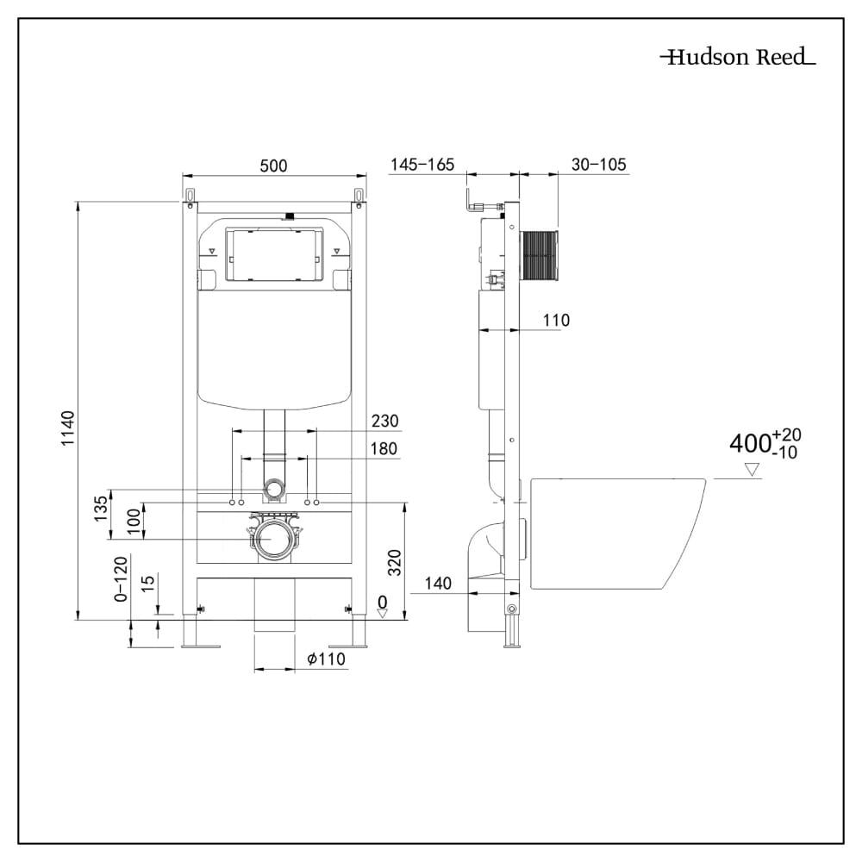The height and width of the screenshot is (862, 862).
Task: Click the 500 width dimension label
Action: point(273,166)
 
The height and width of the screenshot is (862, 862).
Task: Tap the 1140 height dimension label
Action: point(69,428)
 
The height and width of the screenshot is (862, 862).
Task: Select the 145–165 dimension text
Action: point(422,165)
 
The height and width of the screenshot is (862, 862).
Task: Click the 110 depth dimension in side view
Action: point(556,321)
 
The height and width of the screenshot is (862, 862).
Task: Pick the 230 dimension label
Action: point(384,421)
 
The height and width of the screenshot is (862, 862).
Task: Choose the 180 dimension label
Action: point(384,448)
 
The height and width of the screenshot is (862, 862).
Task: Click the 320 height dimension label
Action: point(392,561)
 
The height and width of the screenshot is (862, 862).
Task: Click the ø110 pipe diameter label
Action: point(326,659)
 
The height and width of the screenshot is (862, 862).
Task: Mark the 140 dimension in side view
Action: point(438,584)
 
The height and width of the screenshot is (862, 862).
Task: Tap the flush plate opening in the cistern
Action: point(274,254)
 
